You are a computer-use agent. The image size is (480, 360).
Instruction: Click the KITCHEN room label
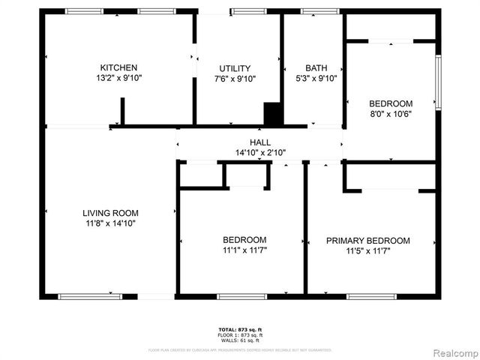119,67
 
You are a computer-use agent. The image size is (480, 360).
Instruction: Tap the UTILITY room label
235,68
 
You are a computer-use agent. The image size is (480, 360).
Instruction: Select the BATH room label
316,67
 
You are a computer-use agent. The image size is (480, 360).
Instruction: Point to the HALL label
260,142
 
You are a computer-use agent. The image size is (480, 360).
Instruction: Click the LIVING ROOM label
110,213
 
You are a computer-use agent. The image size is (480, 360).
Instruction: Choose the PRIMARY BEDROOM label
368,241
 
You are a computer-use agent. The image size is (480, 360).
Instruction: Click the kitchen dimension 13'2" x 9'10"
119,77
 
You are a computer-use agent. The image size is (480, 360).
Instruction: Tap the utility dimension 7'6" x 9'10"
235,78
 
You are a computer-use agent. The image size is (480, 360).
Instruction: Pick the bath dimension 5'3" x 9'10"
316,77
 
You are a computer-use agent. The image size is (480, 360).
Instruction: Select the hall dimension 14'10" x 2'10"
260,152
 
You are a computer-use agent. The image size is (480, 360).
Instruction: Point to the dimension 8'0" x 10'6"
391,113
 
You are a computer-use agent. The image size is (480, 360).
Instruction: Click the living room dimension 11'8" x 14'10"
110,223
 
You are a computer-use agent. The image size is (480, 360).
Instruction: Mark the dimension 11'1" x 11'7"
244,250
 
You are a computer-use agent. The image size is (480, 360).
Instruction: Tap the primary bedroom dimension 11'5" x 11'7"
368,250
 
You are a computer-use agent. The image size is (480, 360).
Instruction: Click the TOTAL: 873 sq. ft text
240,330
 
